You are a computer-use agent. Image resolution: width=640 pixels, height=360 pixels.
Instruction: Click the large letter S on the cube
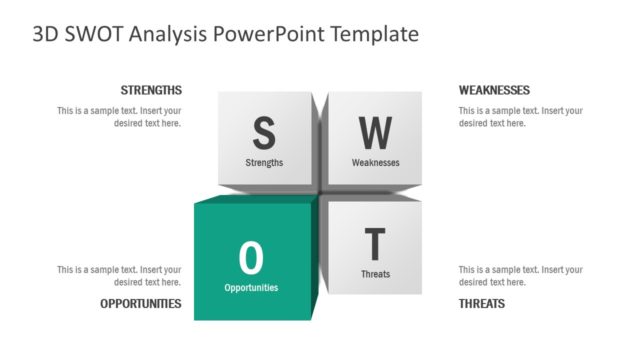click(x=263, y=132)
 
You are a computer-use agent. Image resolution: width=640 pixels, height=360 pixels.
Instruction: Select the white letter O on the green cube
click(x=251, y=258)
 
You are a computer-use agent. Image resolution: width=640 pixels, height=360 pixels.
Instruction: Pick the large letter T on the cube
click(x=375, y=245)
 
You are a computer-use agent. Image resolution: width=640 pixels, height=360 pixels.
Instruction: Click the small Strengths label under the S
click(x=264, y=162)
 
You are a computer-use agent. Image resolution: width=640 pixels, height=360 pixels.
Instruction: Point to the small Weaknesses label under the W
click(x=375, y=162)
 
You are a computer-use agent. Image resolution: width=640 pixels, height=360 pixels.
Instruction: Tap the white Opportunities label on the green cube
click(x=251, y=287)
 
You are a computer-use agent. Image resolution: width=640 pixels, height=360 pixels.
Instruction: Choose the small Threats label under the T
click(x=375, y=274)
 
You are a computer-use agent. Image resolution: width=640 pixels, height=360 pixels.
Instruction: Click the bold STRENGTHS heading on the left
click(x=151, y=90)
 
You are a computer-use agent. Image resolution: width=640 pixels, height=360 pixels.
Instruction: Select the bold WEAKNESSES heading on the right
click(x=494, y=90)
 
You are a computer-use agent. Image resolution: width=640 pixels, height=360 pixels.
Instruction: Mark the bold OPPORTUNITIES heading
click(x=141, y=303)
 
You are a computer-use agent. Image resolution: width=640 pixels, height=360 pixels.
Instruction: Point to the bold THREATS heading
click(x=482, y=303)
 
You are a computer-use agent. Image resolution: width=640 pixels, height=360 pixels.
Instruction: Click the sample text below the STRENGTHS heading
click(x=119, y=117)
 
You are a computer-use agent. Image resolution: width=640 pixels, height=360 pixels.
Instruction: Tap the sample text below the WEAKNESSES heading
click(x=520, y=117)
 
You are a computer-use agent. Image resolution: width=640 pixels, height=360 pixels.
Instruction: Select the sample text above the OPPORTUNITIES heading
click(x=119, y=276)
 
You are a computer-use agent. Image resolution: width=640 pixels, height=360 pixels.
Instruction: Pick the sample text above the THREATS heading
click(x=520, y=276)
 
